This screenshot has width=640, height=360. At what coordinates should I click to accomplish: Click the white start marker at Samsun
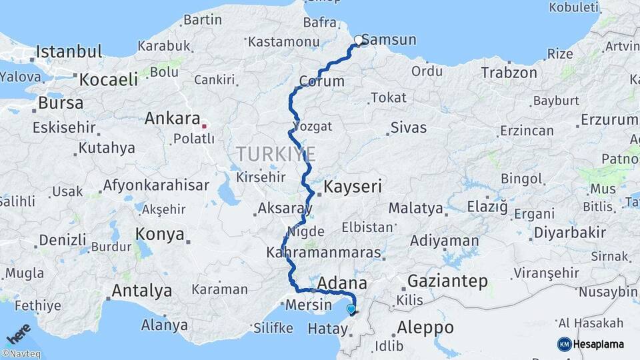pos(359,40)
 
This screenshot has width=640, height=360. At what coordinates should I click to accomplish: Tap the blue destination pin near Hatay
pos(351,308)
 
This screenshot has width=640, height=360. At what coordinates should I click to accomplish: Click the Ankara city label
pos(173,119)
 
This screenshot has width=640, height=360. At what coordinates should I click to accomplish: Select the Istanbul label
pos(69,51)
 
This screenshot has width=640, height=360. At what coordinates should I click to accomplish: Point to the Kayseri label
pos(353,187)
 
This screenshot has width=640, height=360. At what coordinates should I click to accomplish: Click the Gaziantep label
pos(447,281)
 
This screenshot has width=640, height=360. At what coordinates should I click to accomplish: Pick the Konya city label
pos(159,234)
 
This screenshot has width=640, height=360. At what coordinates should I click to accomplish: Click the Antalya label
pos(141,291)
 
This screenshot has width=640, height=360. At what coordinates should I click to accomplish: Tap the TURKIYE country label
pos(275,155)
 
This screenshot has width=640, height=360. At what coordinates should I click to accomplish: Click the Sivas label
pos(408,127)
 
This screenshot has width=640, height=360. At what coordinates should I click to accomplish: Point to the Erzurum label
pos(609,119)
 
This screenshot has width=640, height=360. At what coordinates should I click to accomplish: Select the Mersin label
pos(308,305)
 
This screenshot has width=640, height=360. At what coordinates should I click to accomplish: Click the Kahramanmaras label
pos(323,253)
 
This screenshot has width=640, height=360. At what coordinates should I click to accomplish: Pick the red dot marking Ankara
pos(205,125)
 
